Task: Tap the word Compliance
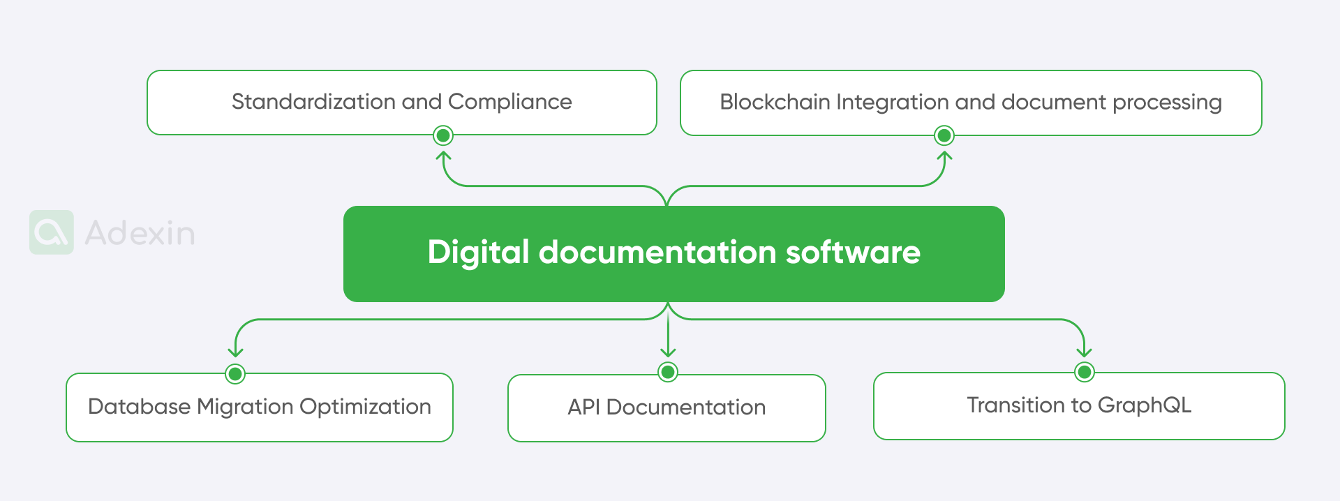point(509,102)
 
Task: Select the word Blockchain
point(775,102)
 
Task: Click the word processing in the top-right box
point(1167,103)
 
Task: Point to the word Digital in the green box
point(479,252)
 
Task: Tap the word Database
point(139,406)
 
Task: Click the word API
point(583,407)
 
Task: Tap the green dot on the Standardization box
point(443,135)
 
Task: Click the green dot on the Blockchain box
point(944,135)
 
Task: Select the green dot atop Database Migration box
point(235,374)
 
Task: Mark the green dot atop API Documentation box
point(668,372)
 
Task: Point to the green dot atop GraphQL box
point(1084,372)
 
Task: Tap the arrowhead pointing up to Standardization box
point(443,156)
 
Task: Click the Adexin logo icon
point(52,232)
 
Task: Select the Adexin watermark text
point(140,233)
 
